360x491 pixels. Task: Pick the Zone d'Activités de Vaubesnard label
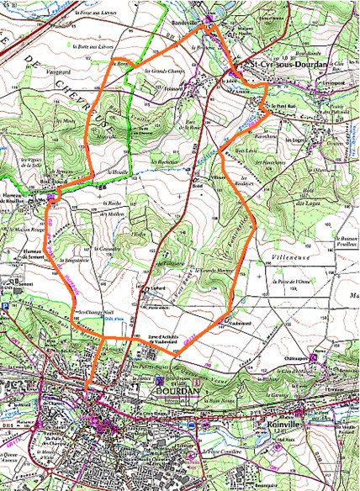(172, 337)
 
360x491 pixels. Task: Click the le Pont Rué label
(281, 105)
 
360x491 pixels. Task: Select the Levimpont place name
(336, 84)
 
